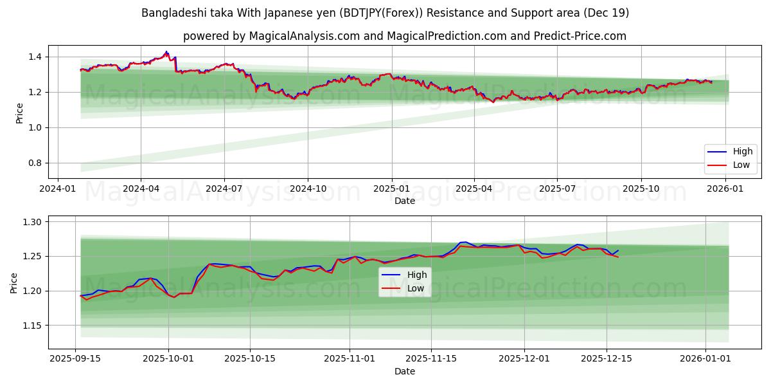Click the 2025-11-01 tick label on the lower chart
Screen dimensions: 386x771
[x=350, y=359]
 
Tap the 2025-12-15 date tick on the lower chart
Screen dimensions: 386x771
[x=607, y=359]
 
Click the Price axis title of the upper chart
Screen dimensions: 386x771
[x=19, y=113]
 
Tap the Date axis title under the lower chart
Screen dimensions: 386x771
[x=405, y=371]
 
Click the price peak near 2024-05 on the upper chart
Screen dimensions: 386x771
[x=166, y=52]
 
